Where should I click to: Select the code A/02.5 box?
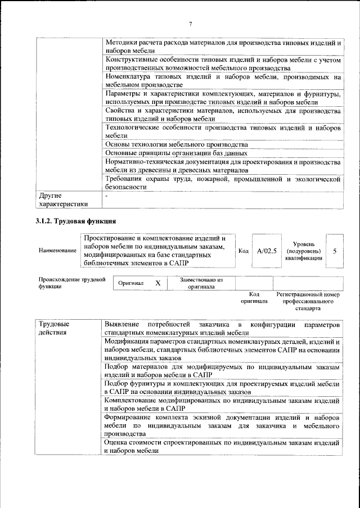[267, 251]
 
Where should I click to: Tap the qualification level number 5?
[335, 251]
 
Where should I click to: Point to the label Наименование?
[57, 251]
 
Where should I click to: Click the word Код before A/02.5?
[244, 251]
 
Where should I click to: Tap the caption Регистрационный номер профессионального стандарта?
[308, 301]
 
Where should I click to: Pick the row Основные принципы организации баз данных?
[176, 153]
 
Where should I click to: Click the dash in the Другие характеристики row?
[106, 196]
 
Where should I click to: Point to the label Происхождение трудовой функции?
[71, 283]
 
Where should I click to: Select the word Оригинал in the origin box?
[131, 284]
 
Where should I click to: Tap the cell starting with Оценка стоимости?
[222, 447]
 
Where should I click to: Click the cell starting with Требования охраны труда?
[222, 183]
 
